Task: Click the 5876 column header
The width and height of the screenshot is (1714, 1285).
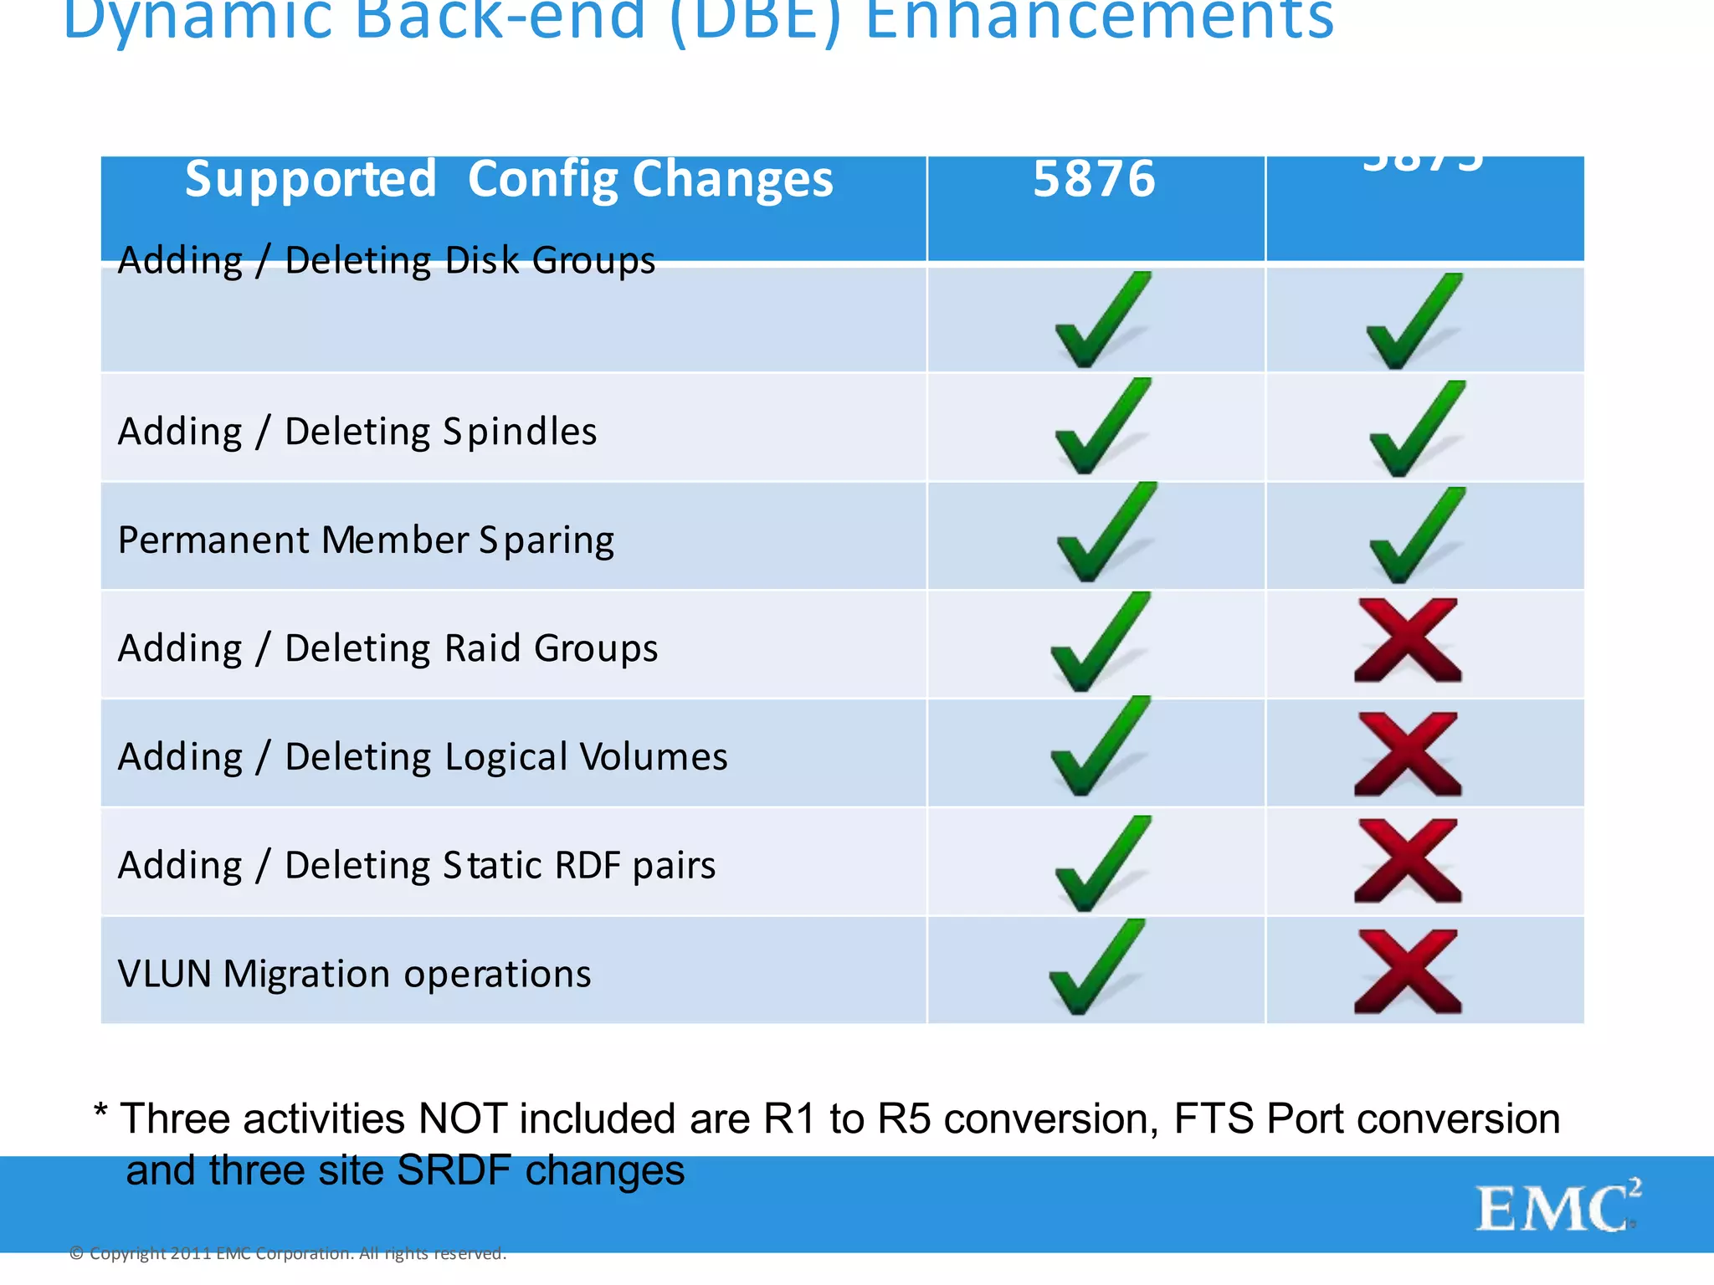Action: [1094, 179]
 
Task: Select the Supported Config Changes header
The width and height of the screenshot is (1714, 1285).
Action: [509, 179]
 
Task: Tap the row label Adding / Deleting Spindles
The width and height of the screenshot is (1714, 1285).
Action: [357, 432]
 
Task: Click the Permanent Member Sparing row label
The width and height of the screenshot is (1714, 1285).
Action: [366, 540]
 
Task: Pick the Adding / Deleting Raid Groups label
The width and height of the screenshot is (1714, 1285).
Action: [387, 648]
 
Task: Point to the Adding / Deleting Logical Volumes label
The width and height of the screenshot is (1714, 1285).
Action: [423, 757]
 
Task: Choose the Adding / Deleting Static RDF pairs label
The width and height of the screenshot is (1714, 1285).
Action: [417, 865]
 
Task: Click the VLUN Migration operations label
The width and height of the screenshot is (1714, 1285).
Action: [354, 974]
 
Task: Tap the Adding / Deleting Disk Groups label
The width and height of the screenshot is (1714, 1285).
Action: [387, 261]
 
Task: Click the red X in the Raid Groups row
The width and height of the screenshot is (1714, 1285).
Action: [1408, 641]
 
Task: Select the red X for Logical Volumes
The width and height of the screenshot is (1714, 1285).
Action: [1408, 753]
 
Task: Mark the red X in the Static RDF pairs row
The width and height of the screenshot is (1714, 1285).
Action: [1408, 861]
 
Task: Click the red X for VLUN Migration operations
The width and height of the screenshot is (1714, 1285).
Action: [1408, 971]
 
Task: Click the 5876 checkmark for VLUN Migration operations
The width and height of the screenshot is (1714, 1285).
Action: [1096, 969]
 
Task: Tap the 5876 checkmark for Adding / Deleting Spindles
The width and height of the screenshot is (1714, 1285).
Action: [1101, 427]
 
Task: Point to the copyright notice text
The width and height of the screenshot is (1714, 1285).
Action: [288, 1253]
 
